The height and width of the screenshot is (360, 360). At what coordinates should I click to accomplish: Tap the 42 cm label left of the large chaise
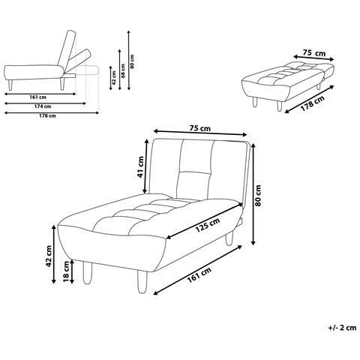(49, 256)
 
